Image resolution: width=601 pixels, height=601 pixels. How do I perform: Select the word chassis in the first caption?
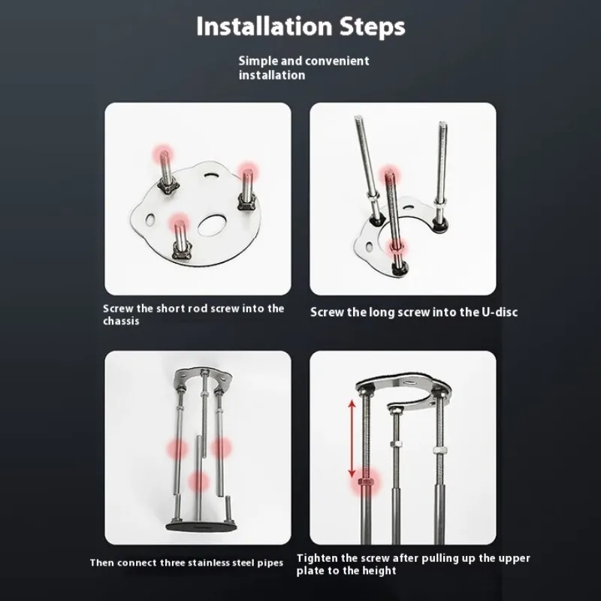(x=121, y=321)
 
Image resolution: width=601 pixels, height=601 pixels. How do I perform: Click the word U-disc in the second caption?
(x=499, y=311)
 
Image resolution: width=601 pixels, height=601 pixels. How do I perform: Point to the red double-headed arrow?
(x=352, y=439)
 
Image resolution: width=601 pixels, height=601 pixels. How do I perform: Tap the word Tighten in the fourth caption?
(x=316, y=558)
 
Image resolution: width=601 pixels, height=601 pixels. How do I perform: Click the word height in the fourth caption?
(x=381, y=571)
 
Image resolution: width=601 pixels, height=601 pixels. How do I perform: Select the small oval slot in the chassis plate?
(x=150, y=219)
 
